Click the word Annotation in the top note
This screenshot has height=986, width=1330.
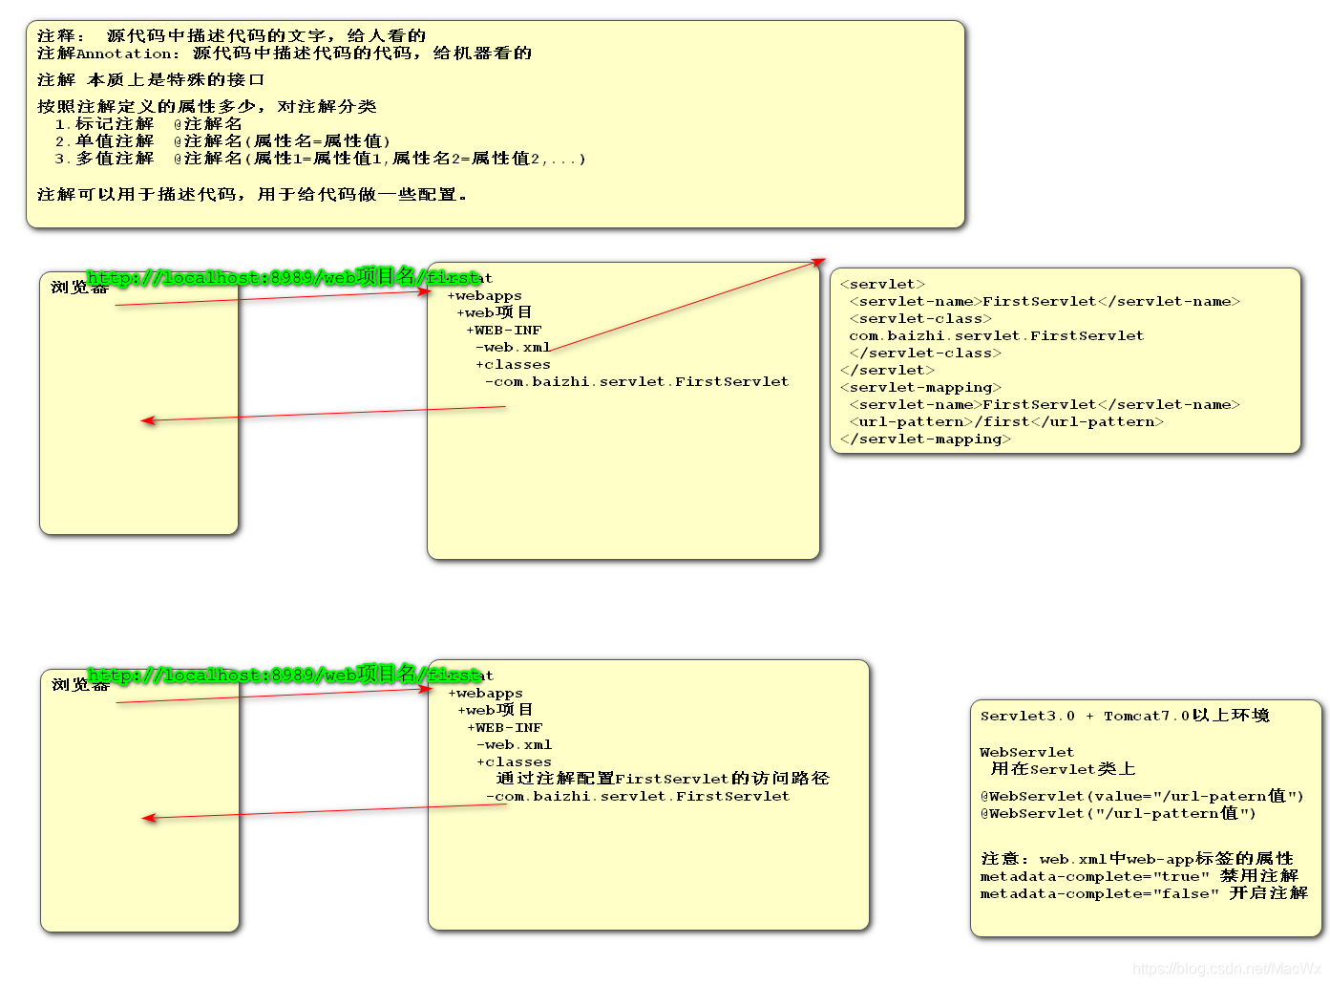tap(125, 54)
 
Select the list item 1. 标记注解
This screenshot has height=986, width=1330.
tap(104, 124)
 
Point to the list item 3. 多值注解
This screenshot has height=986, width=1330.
tap(104, 159)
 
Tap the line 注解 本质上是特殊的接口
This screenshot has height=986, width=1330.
tap(151, 80)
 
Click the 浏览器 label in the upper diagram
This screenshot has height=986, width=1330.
tap(70, 287)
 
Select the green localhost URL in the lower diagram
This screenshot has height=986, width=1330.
tap(284, 675)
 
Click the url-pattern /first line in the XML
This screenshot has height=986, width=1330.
tap(1006, 421)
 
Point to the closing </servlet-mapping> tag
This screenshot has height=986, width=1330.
tap(925, 439)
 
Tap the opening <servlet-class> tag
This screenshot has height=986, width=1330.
tap(920, 318)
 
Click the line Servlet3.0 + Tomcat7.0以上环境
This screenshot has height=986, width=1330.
tap(1125, 716)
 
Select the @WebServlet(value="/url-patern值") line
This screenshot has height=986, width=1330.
tap(1142, 796)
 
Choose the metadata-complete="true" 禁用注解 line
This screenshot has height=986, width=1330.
tap(1139, 876)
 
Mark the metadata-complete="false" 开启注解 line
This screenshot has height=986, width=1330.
tap(1144, 893)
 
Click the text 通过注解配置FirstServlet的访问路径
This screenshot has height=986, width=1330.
tap(663, 779)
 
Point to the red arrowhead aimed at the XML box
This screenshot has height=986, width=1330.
tap(818, 260)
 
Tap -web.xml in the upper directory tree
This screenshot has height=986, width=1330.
tap(513, 348)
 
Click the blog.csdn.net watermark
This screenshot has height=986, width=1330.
tap(1226, 969)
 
